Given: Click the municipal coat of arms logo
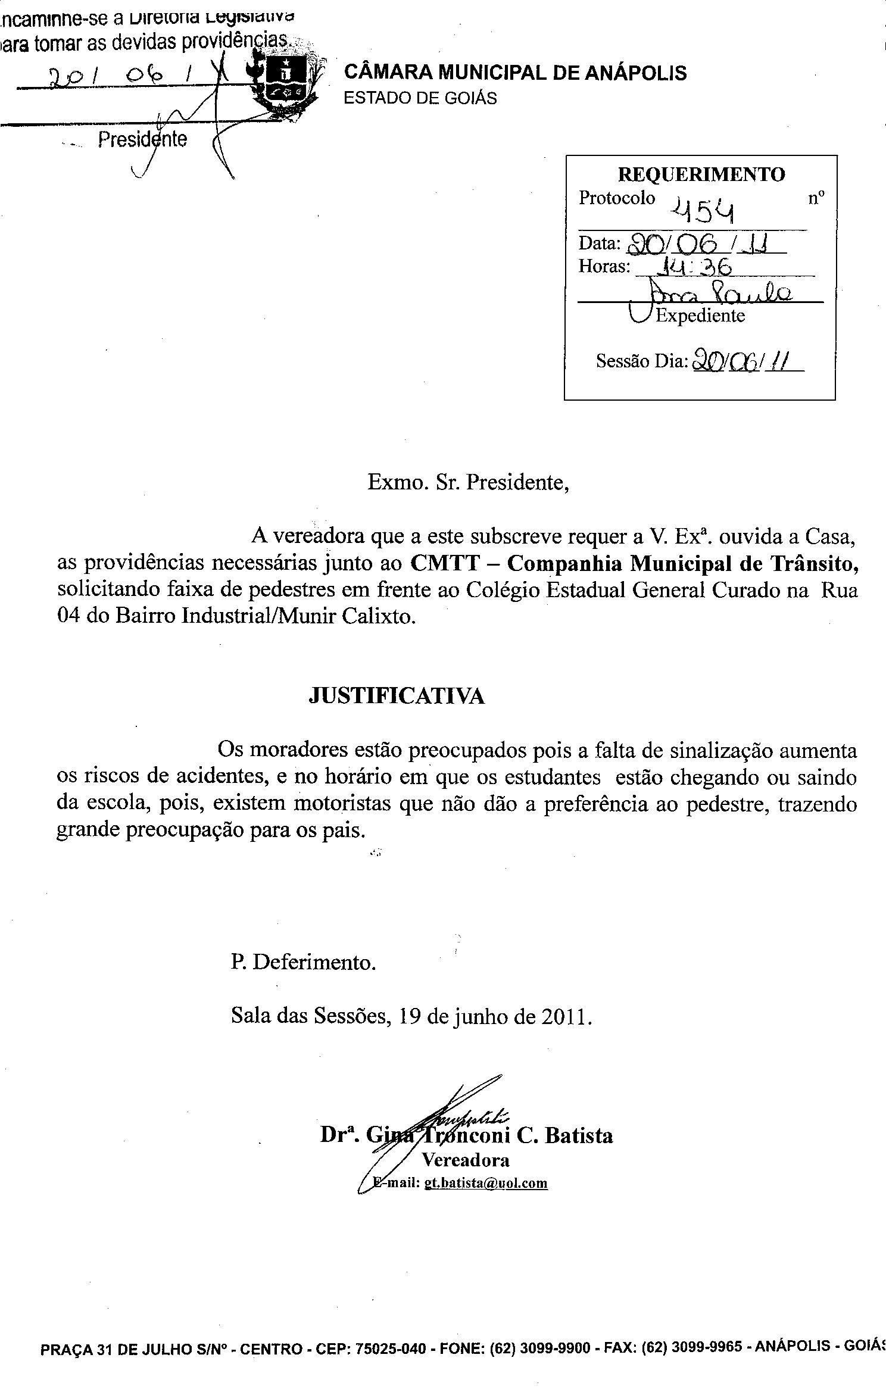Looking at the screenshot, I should (288, 84).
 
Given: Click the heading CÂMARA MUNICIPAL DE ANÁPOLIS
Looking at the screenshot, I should (515, 73).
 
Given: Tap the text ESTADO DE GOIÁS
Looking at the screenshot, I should (420, 98).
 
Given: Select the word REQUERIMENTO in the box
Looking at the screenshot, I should (701, 174).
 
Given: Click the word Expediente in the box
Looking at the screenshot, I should (700, 315).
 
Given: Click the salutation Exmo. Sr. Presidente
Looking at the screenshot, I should (469, 482).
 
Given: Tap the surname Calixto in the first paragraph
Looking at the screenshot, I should (377, 616).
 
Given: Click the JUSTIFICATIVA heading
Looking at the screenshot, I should (397, 696).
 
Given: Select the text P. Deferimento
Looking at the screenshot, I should (304, 962).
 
